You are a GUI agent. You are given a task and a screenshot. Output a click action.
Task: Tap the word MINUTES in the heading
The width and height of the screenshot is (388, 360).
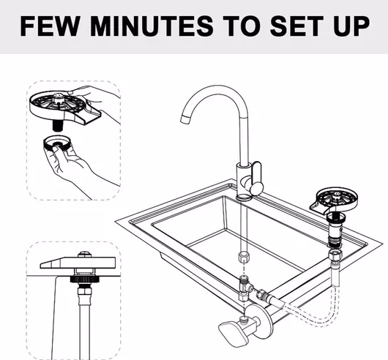[152, 26]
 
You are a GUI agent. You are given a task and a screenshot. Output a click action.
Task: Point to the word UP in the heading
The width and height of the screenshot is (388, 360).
[351, 26]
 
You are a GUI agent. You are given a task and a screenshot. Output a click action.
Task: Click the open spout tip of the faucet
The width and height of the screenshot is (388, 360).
[185, 119]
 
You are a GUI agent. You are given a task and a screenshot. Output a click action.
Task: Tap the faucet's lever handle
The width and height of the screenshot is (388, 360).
[257, 179]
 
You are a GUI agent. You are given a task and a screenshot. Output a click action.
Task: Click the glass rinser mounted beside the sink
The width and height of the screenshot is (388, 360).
[334, 200]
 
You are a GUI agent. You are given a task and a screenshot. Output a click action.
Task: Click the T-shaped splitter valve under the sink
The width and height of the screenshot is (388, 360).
[245, 288]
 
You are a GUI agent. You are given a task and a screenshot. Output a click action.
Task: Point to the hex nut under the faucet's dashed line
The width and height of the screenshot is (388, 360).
[244, 258]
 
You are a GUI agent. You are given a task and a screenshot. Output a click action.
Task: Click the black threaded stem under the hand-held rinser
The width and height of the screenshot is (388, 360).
[58, 125]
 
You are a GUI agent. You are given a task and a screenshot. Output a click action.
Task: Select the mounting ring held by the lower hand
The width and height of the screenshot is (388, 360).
[57, 143]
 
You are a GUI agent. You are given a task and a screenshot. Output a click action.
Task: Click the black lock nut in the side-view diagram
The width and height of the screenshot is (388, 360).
[85, 280]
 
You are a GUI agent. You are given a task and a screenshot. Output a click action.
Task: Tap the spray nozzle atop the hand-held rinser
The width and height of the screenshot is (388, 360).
[59, 97]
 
